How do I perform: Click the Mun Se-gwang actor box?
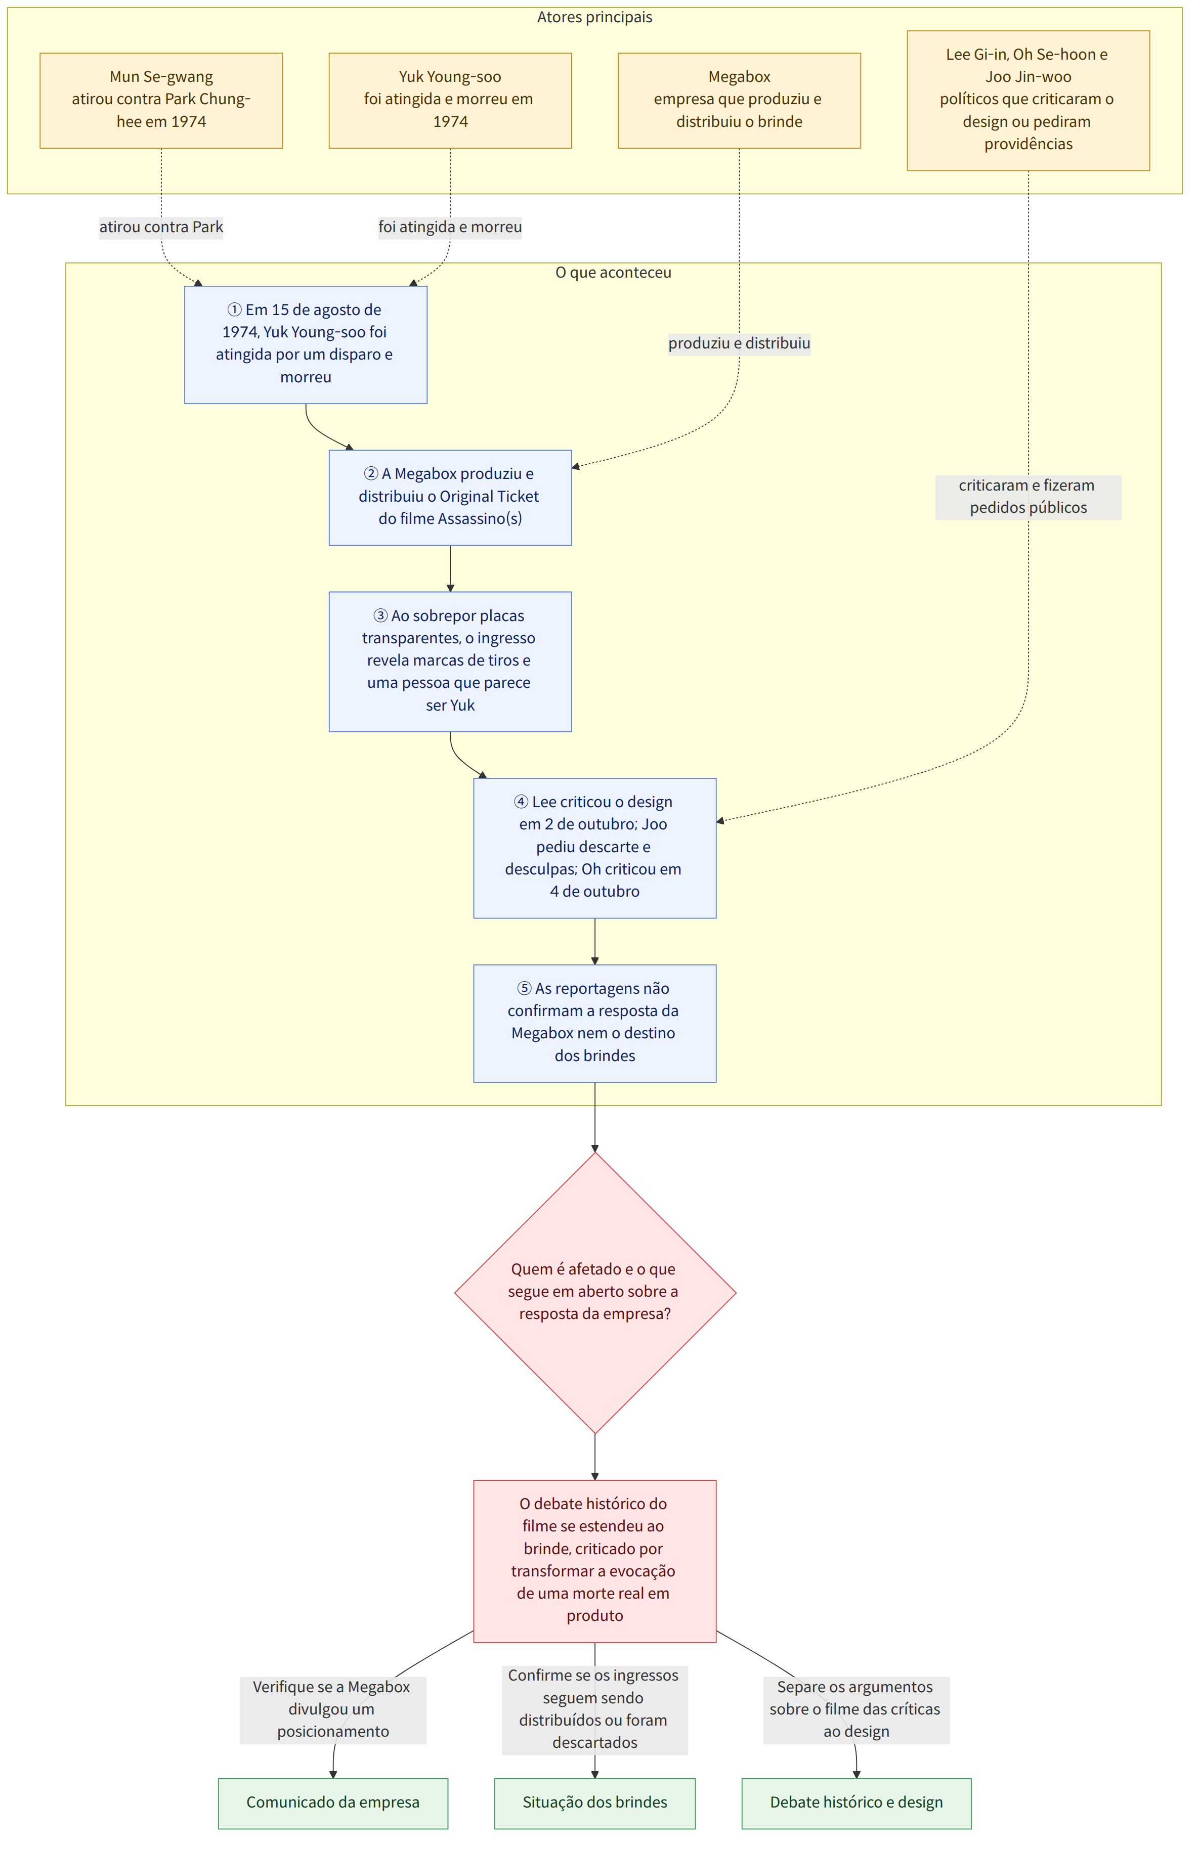tap(161, 100)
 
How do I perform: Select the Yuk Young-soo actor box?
tap(450, 100)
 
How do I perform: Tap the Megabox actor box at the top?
tap(739, 100)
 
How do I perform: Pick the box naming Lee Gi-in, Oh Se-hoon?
tap(1028, 100)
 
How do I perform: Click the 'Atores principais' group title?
tap(594, 17)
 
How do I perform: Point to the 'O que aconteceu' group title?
tap(613, 273)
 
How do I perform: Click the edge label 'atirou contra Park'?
tap(161, 227)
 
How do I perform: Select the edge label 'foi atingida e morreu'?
tap(450, 227)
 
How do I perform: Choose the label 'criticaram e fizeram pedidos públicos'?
tap(1028, 497)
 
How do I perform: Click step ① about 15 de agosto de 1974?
tap(306, 344)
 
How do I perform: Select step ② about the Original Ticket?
tap(450, 497)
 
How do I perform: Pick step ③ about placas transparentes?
tap(450, 661)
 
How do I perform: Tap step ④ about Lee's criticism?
tap(594, 848)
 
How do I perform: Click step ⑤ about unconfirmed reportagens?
tap(594, 1023)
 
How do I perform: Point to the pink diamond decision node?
tap(594, 1292)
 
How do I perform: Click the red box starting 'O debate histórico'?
tap(594, 1560)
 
